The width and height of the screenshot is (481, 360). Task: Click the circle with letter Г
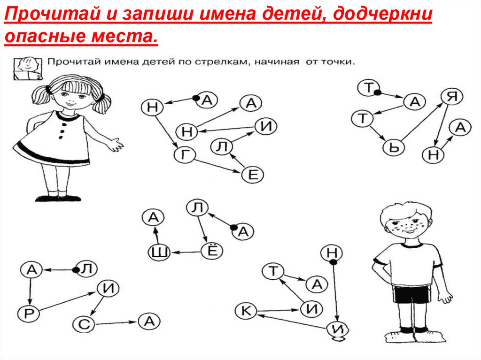click(184, 155)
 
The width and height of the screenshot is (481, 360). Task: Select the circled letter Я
click(452, 97)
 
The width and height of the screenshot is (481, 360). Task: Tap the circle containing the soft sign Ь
click(394, 147)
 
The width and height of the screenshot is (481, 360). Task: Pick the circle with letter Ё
click(212, 251)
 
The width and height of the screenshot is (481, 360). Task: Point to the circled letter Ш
click(159, 253)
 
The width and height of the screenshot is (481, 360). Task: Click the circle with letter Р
click(29, 314)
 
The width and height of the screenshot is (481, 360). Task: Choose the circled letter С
click(84, 324)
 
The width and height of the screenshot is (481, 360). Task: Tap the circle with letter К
click(246, 311)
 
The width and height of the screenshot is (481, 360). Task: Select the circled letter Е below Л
click(252, 175)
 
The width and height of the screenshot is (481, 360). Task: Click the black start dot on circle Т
click(377, 92)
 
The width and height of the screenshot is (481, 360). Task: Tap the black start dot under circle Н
click(334, 262)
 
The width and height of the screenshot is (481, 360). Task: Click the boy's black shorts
click(411, 294)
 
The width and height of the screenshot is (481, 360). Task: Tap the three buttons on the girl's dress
click(63, 129)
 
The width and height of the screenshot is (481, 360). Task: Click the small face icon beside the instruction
click(27, 68)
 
